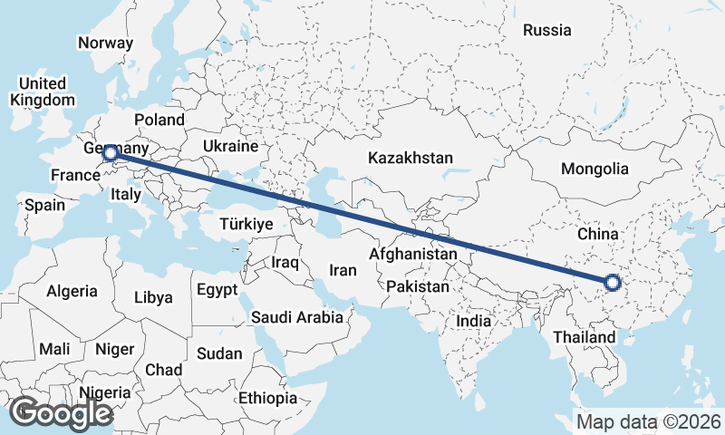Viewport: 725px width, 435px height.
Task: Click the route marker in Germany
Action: click(110, 153)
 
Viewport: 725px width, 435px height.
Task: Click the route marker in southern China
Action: click(613, 283)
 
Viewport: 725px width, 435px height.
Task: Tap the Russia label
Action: click(547, 30)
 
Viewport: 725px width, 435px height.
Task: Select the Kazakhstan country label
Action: click(410, 158)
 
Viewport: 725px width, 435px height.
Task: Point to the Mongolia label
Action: click(594, 169)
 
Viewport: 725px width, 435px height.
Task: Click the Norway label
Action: click(105, 43)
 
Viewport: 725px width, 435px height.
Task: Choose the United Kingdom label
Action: click(42, 92)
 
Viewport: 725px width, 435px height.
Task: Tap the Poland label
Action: click(159, 120)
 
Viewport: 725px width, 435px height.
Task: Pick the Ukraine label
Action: click(231, 146)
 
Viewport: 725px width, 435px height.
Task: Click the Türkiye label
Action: click(246, 224)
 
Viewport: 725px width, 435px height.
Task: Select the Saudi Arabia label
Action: click(297, 317)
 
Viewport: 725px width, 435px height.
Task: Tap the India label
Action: click(473, 321)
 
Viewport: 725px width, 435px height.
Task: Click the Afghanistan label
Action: click(413, 255)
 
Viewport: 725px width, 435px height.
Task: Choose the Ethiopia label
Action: click(268, 398)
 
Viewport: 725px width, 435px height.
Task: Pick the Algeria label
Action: click(72, 291)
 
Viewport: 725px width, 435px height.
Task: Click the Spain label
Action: click(44, 205)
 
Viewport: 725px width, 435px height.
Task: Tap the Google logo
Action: click(61, 412)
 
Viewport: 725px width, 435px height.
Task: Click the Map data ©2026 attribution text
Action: click(648, 421)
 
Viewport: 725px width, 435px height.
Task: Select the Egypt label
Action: click(217, 290)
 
